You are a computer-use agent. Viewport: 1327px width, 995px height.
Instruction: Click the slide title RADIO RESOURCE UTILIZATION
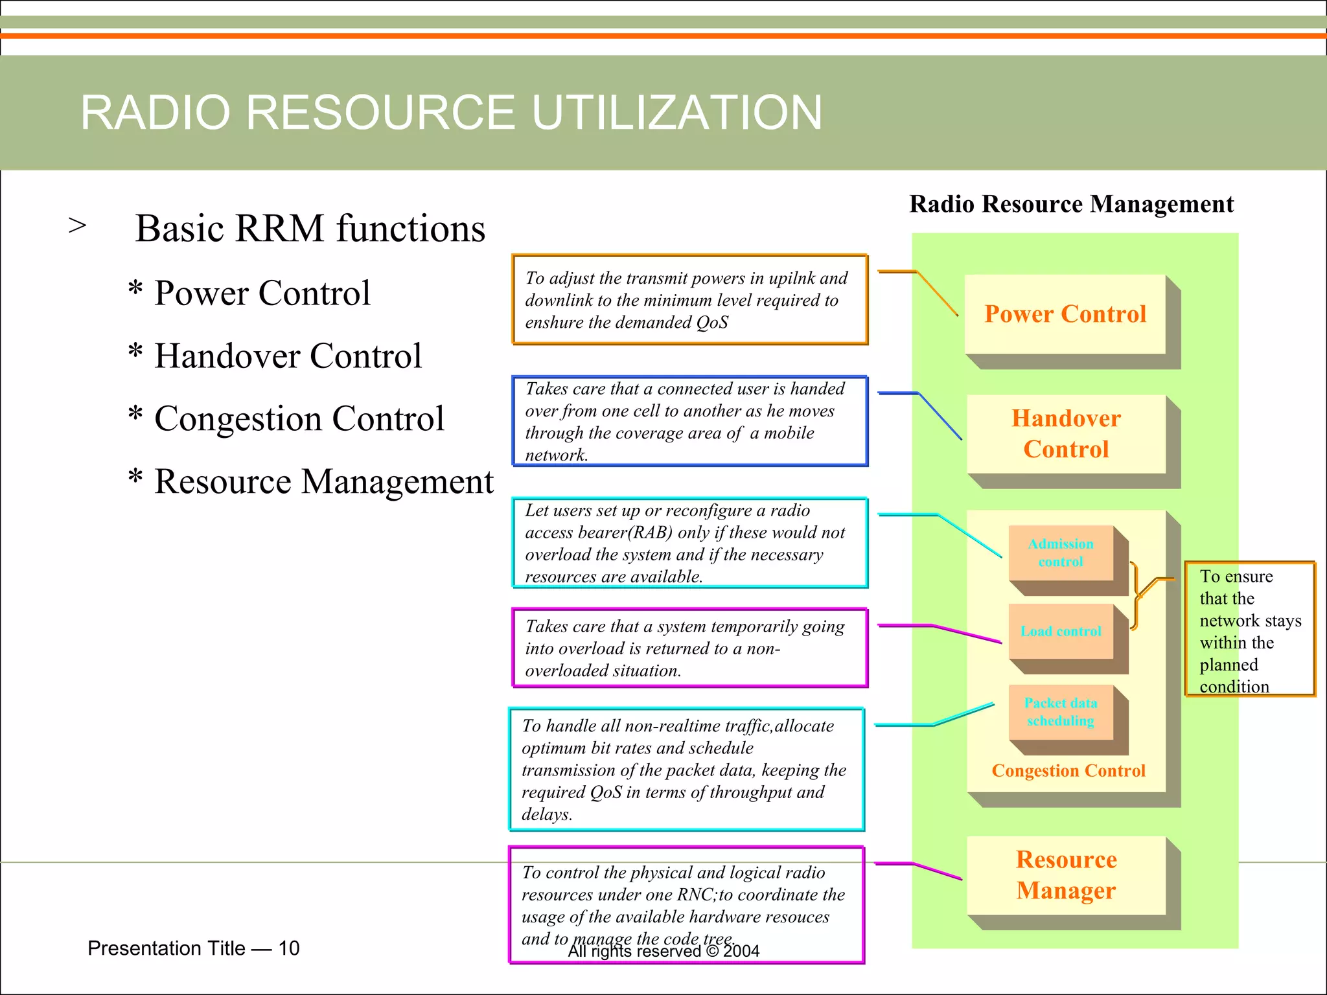click(451, 113)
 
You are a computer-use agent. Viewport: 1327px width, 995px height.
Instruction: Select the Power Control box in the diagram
click(1065, 314)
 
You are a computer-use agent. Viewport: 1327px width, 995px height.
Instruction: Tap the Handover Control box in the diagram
click(1066, 433)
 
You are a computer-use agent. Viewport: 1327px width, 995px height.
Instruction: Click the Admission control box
click(1061, 553)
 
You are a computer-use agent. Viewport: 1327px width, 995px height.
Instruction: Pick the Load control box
click(1061, 632)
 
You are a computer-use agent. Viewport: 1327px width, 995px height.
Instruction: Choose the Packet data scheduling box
click(1061, 712)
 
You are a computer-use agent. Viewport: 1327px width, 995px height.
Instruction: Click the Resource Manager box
click(1066, 875)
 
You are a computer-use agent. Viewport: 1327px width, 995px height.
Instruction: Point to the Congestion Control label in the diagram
click(1068, 771)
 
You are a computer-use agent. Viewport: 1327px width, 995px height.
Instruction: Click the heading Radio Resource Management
click(1071, 204)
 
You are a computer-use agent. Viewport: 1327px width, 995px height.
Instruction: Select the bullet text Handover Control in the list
click(288, 356)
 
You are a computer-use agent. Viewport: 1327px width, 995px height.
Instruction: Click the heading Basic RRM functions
click(310, 229)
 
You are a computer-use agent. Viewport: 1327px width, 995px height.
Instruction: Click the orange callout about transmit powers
click(689, 300)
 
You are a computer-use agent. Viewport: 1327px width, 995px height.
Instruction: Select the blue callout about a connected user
click(689, 422)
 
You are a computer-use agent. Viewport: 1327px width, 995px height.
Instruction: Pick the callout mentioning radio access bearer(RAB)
click(689, 543)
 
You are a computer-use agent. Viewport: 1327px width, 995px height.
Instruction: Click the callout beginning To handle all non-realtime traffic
click(686, 770)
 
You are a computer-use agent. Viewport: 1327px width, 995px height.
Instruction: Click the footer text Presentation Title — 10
click(193, 948)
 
